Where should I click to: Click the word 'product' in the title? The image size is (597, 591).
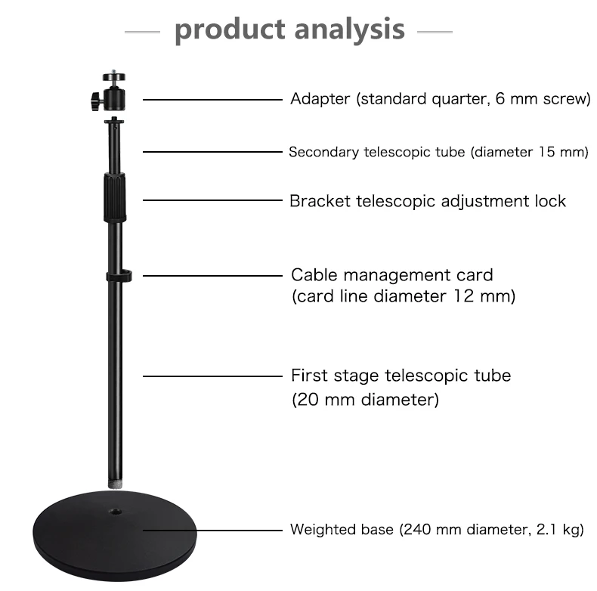(227, 29)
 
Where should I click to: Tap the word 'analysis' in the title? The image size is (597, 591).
(349, 29)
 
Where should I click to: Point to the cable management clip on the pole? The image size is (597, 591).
(119, 276)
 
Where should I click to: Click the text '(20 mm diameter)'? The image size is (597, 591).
(365, 400)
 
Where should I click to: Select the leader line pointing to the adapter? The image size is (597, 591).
(212, 99)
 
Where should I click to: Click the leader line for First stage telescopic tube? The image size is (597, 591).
(212, 376)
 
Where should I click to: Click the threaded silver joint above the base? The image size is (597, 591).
(114, 479)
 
